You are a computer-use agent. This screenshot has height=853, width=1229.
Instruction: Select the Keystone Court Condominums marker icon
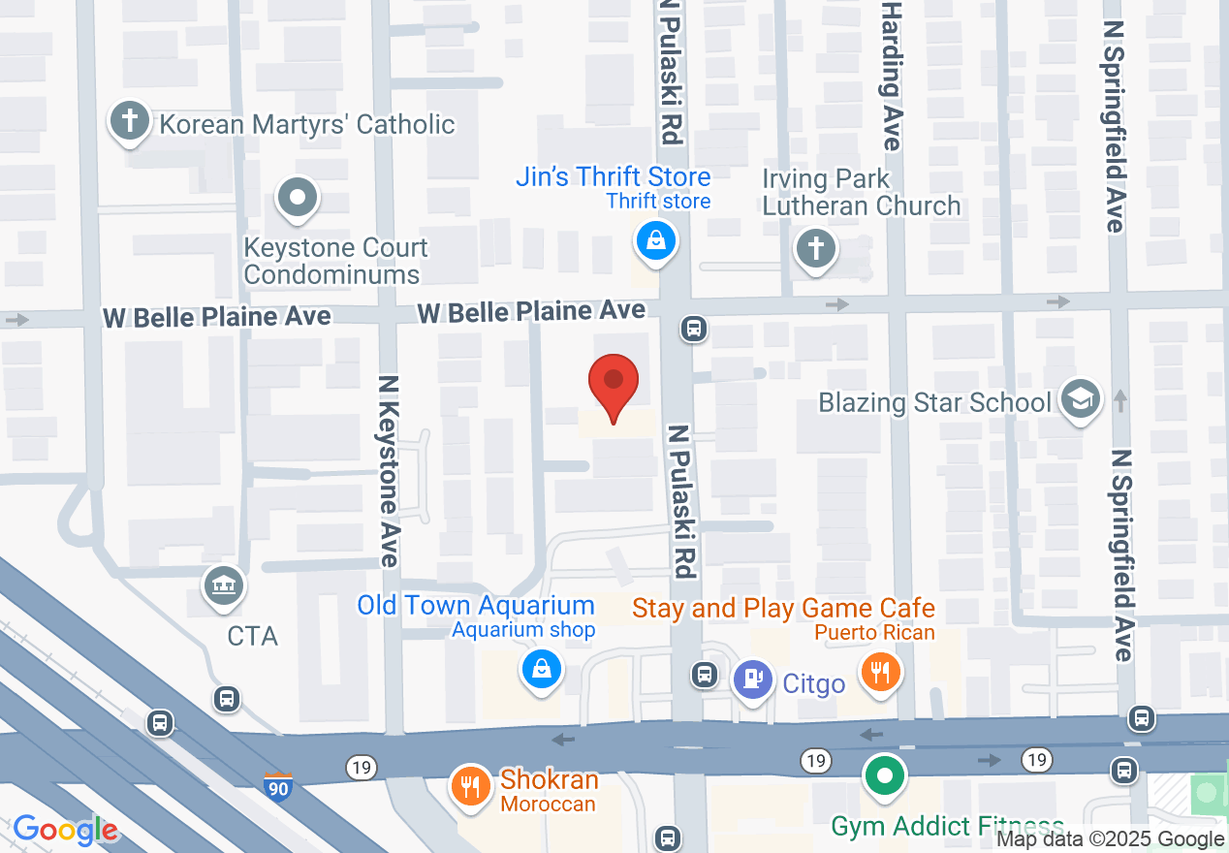click(x=298, y=199)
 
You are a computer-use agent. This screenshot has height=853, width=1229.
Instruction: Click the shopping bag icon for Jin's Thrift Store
click(x=656, y=239)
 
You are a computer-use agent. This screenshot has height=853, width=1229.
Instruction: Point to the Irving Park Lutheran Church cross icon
click(x=816, y=249)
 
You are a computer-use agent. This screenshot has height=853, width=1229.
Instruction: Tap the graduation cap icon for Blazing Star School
click(x=1081, y=398)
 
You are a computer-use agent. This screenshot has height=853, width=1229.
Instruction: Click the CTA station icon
click(x=225, y=585)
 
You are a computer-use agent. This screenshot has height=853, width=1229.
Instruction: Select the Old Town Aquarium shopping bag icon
click(x=542, y=668)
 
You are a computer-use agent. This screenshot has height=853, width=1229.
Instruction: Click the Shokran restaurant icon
click(x=472, y=785)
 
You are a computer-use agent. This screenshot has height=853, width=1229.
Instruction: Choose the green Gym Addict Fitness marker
click(x=885, y=776)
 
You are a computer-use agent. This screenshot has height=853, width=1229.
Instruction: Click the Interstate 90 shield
click(x=278, y=786)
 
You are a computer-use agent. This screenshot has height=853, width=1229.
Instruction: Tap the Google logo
click(x=66, y=830)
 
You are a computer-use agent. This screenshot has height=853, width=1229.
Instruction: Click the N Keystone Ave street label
click(x=390, y=471)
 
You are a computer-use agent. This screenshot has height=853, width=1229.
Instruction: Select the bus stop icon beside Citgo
click(x=705, y=674)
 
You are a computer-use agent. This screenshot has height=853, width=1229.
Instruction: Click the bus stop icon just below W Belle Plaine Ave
click(x=694, y=329)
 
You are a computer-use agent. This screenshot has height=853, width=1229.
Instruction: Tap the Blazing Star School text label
click(x=934, y=402)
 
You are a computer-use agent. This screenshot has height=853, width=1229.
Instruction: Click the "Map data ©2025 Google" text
click(x=1111, y=839)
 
